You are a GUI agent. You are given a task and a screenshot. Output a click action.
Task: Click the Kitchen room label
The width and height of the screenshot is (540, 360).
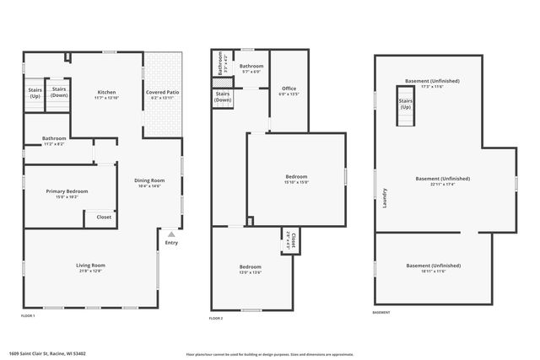(x=106, y=92)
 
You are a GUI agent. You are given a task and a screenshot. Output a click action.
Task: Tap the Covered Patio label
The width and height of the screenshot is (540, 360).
(x=160, y=92)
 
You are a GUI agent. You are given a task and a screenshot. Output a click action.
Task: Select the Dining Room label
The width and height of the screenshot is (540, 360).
(x=150, y=180)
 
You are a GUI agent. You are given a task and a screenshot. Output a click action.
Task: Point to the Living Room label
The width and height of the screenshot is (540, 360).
(x=90, y=266)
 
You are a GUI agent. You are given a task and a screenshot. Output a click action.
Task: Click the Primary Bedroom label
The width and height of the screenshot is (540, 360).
(x=67, y=191)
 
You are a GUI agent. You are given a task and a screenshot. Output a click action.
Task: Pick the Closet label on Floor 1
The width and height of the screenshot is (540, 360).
(x=104, y=217)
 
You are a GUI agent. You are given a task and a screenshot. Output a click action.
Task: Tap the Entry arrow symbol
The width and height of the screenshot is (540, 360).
(x=172, y=234)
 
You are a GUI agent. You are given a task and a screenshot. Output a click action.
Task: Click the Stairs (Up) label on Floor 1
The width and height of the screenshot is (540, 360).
(x=35, y=93)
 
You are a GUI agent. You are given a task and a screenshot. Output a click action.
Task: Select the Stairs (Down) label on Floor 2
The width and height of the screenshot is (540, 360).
(x=223, y=97)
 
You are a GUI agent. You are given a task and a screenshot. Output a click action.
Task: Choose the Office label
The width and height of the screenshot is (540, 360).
(x=289, y=89)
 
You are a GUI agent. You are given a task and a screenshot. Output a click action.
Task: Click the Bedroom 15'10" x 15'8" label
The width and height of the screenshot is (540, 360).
(x=296, y=176)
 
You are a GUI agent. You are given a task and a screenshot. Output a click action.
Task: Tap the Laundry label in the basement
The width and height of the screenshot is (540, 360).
(x=385, y=198)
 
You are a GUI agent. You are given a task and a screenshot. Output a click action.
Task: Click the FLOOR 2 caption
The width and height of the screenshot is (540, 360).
(x=216, y=318)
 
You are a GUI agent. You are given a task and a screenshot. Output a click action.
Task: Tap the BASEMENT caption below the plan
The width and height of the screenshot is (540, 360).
(x=381, y=312)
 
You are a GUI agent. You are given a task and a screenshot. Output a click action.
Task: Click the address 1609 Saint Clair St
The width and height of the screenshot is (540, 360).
(x=47, y=354)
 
